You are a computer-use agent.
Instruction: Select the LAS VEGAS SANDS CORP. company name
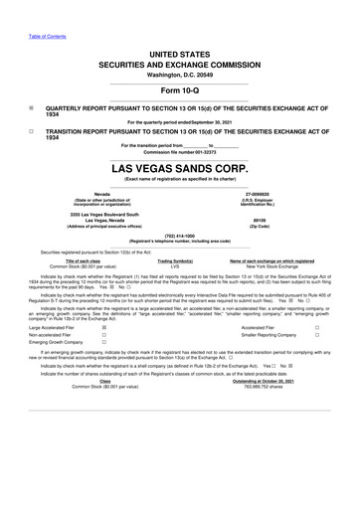180,169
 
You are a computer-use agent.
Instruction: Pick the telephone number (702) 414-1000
180,236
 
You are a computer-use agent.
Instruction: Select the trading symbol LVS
174,265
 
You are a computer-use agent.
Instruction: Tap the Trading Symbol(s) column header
174,260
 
